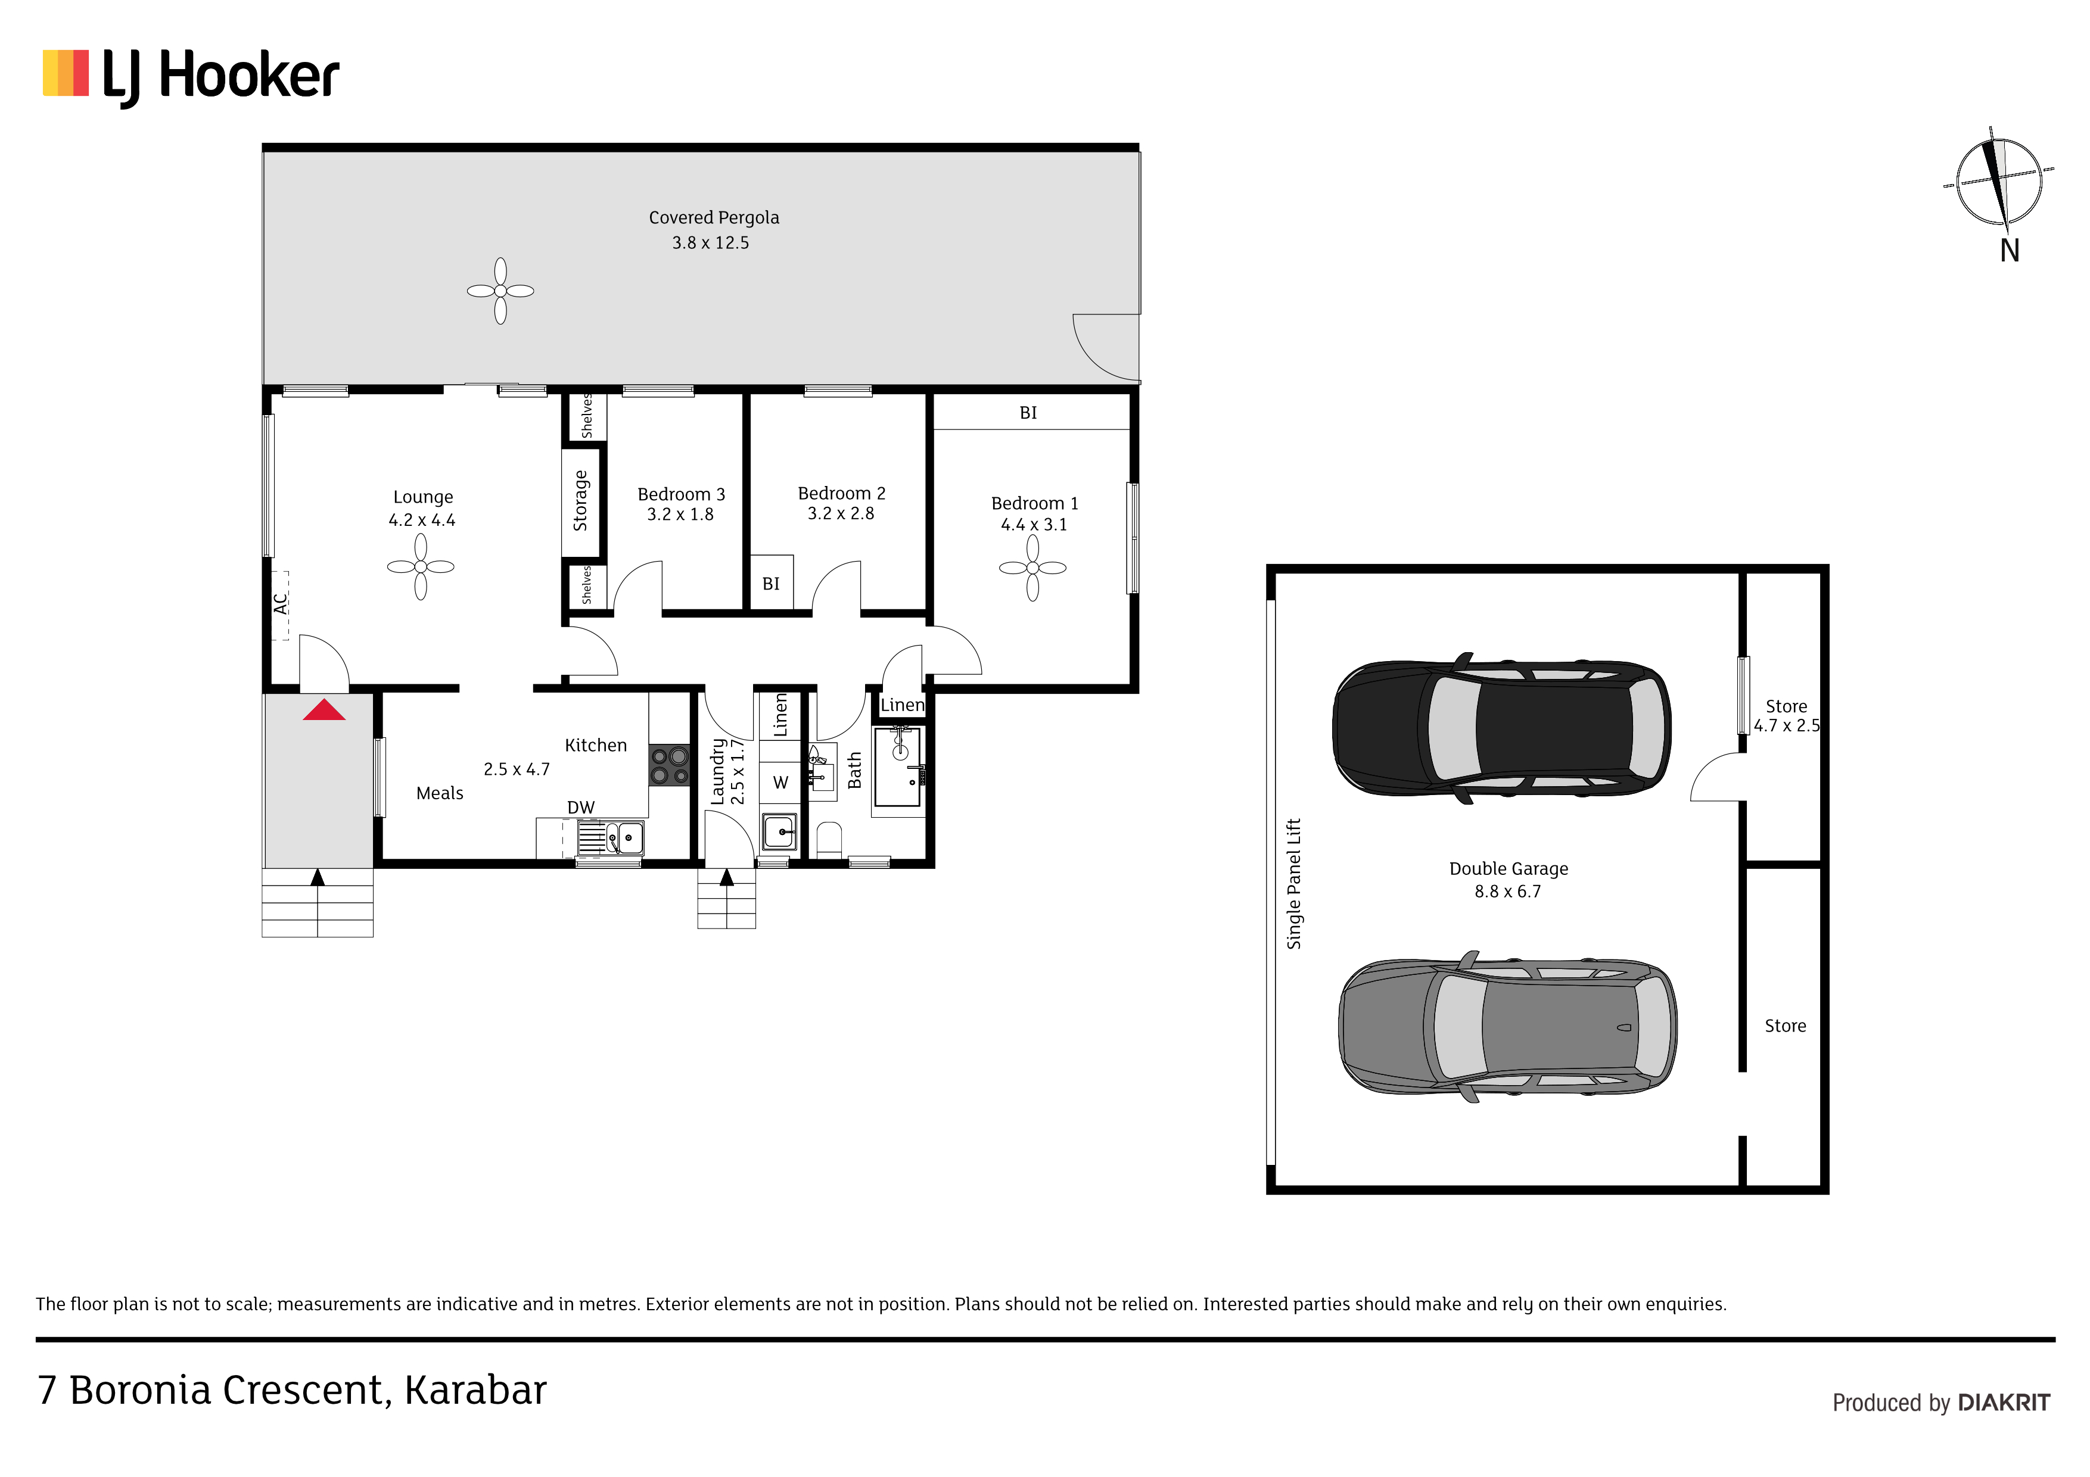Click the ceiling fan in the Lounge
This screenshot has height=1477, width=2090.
pos(421,567)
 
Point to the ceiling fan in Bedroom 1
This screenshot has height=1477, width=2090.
pos(1032,568)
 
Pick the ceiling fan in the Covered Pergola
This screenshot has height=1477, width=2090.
pos(500,291)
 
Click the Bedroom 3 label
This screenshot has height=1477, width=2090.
pos(681,494)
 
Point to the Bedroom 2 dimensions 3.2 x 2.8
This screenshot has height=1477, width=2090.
pos(840,514)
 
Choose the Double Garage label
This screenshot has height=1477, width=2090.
pos(1509,869)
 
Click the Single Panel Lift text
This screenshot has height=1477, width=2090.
pos(1293,884)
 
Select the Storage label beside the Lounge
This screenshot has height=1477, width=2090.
pos(580,500)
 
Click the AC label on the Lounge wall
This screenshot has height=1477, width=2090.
pos(281,603)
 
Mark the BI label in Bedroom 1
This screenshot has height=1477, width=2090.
pos(1028,413)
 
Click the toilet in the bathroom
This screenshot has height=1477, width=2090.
pos(828,839)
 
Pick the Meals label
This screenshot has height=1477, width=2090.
pos(440,793)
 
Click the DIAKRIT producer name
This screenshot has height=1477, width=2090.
pos(2004,1403)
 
